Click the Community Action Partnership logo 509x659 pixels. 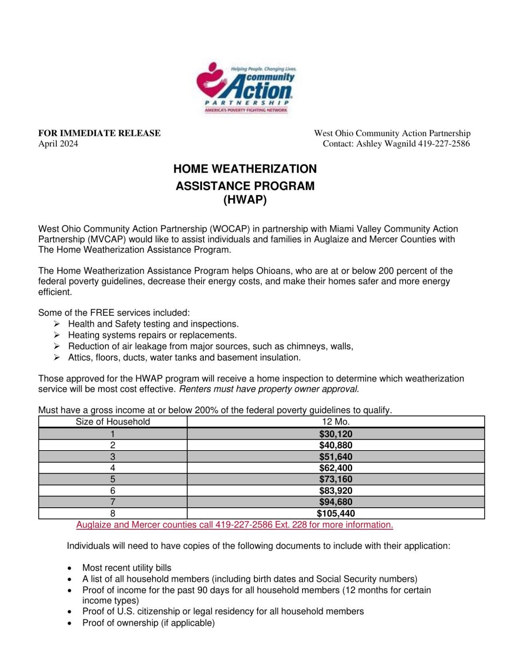tap(246, 88)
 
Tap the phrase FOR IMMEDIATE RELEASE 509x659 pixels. tap(99, 133)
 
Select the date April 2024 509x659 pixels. tap(58, 144)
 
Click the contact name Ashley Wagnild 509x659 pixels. tap(385, 144)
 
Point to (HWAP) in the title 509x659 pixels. tap(245, 200)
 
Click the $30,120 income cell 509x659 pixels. tap(335, 434)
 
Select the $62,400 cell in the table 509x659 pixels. tap(335, 468)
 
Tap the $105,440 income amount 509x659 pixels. tap(335, 513)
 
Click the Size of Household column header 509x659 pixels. tap(113, 422)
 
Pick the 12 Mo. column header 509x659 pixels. tap(335, 422)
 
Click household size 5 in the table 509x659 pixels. tap(113, 479)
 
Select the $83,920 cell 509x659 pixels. tap(335, 490)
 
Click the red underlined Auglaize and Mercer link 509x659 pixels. tap(234, 525)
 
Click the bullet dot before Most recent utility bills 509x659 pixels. tap(70, 568)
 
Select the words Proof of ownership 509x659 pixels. tap(120, 623)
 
